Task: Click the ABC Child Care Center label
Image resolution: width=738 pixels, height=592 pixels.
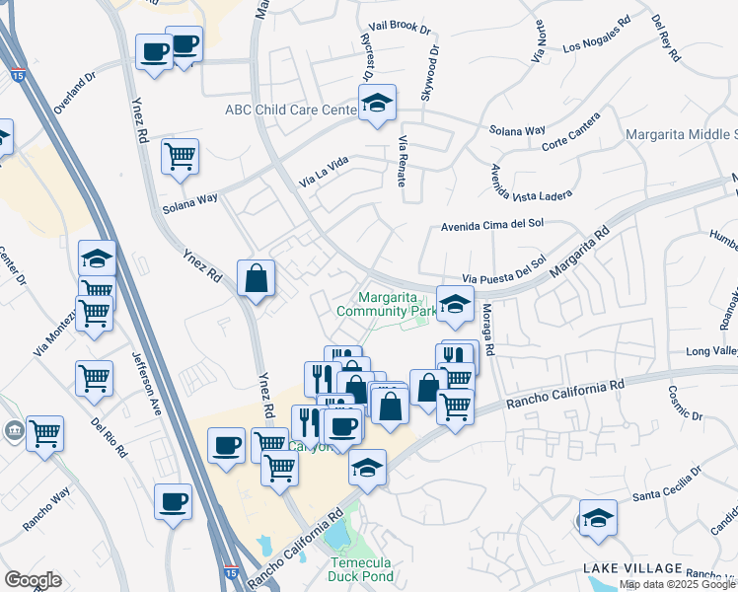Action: (x=289, y=110)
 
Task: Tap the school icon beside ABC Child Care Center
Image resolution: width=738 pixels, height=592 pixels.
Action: (x=375, y=104)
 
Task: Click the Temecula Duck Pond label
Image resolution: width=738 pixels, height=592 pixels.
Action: (x=361, y=569)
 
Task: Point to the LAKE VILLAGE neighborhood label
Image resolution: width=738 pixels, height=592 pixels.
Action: (x=631, y=568)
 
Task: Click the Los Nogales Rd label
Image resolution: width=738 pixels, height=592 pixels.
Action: (x=596, y=35)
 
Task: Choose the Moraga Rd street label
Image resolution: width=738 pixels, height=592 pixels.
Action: (x=488, y=331)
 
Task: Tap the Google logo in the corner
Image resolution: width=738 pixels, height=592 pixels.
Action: (x=33, y=579)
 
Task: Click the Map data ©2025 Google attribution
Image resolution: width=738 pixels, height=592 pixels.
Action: (x=678, y=584)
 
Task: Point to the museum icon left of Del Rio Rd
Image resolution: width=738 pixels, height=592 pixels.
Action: (x=13, y=430)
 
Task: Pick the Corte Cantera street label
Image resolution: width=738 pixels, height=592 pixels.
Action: (x=570, y=139)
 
